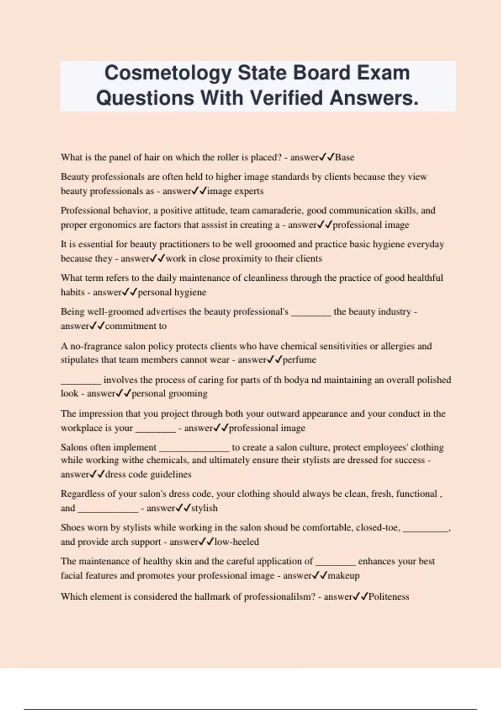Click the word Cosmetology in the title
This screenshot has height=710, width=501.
tap(167, 73)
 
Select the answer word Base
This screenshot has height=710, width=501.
tap(344, 157)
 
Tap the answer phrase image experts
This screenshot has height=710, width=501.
tap(235, 191)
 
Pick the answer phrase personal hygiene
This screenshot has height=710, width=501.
tap(172, 292)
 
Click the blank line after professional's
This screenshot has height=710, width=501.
tap(311, 315)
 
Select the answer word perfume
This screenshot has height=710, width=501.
tap(299, 360)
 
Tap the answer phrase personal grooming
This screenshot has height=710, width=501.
tap(170, 394)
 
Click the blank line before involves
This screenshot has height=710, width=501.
tap(81, 383)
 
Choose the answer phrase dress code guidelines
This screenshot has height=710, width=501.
tap(148, 474)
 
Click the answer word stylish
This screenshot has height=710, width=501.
tap(204, 508)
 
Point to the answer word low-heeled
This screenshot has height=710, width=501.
tap(236, 542)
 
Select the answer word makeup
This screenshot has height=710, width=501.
tap(343, 576)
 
